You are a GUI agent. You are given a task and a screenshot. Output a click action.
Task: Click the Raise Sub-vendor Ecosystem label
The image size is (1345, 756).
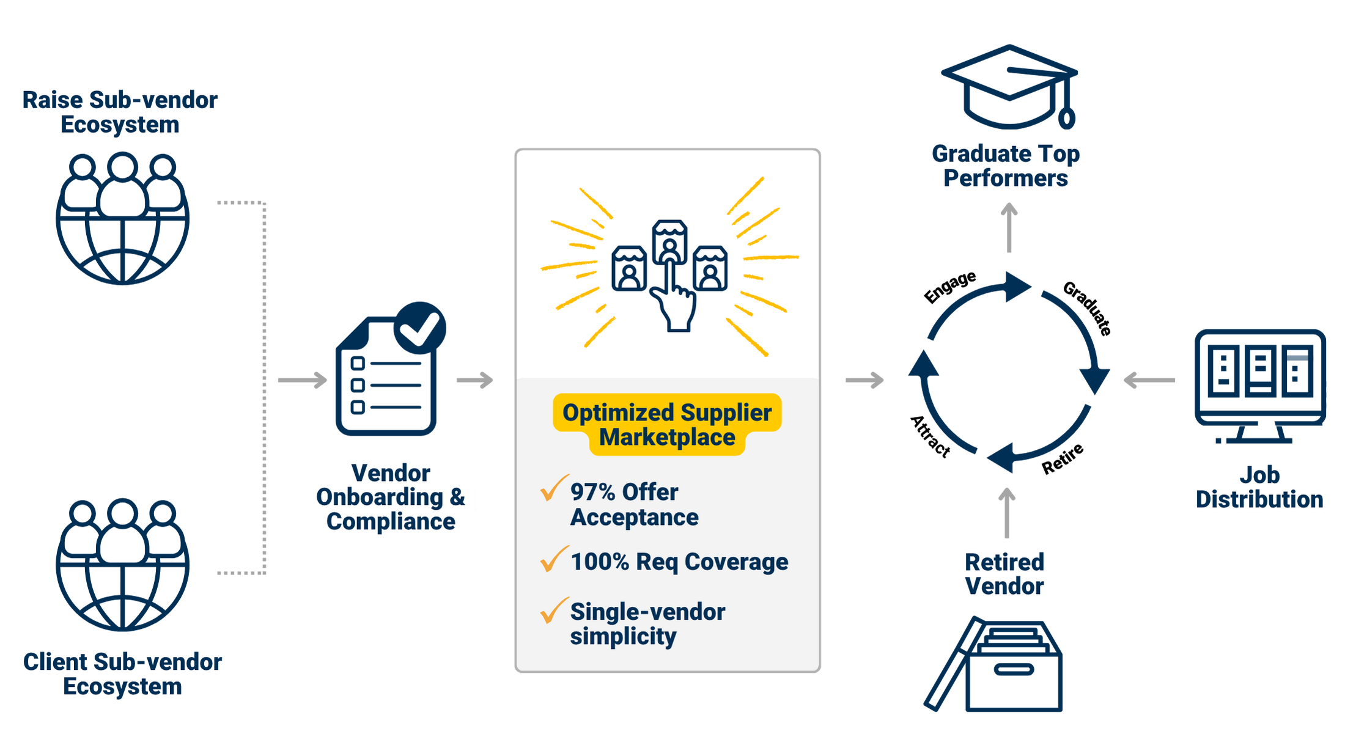pyautogui.click(x=120, y=112)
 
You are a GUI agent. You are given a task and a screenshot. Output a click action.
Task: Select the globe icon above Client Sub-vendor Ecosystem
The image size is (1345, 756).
pyautogui.click(x=122, y=565)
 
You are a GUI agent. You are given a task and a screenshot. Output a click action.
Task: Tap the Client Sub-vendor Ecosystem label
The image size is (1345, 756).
pyautogui.click(x=122, y=673)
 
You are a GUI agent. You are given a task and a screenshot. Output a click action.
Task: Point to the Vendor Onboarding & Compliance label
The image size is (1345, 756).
pyautogui.click(x=391, y=497)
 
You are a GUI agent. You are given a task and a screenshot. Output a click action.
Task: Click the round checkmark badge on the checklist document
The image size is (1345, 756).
pyautogui.click(x=420, y=327)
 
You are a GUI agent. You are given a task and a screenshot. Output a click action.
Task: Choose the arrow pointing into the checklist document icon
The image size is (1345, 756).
pyautogui.click(x=303, y=380)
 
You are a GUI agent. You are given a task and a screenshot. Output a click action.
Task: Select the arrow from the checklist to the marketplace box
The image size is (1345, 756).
pyautogui.click(x=475, y=380)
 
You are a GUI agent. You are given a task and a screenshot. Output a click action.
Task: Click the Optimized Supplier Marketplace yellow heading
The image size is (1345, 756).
pyautogui.click(x=667, y=425)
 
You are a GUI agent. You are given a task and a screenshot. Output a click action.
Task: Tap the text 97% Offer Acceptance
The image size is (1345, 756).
pyautogui.click(x=634, y=504)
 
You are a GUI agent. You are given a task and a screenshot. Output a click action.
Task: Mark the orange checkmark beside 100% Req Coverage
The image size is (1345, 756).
pyautogui.click(x=554, y=559)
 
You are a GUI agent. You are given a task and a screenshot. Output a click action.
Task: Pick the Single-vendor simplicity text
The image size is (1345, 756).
pyautogui.click(x=647, y=623)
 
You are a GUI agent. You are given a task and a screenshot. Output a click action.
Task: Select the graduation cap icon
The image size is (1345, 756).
pyautogui.click(x=1010, y=86)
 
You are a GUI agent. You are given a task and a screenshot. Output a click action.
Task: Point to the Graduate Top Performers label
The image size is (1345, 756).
pyautogui.click(x=1006, y=166)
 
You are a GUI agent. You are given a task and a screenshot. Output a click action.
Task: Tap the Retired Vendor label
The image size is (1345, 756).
pyautogui.click(x=1004, y=574)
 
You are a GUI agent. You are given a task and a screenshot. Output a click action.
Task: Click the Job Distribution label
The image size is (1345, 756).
pyautogui.click(x=1259, y=487)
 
